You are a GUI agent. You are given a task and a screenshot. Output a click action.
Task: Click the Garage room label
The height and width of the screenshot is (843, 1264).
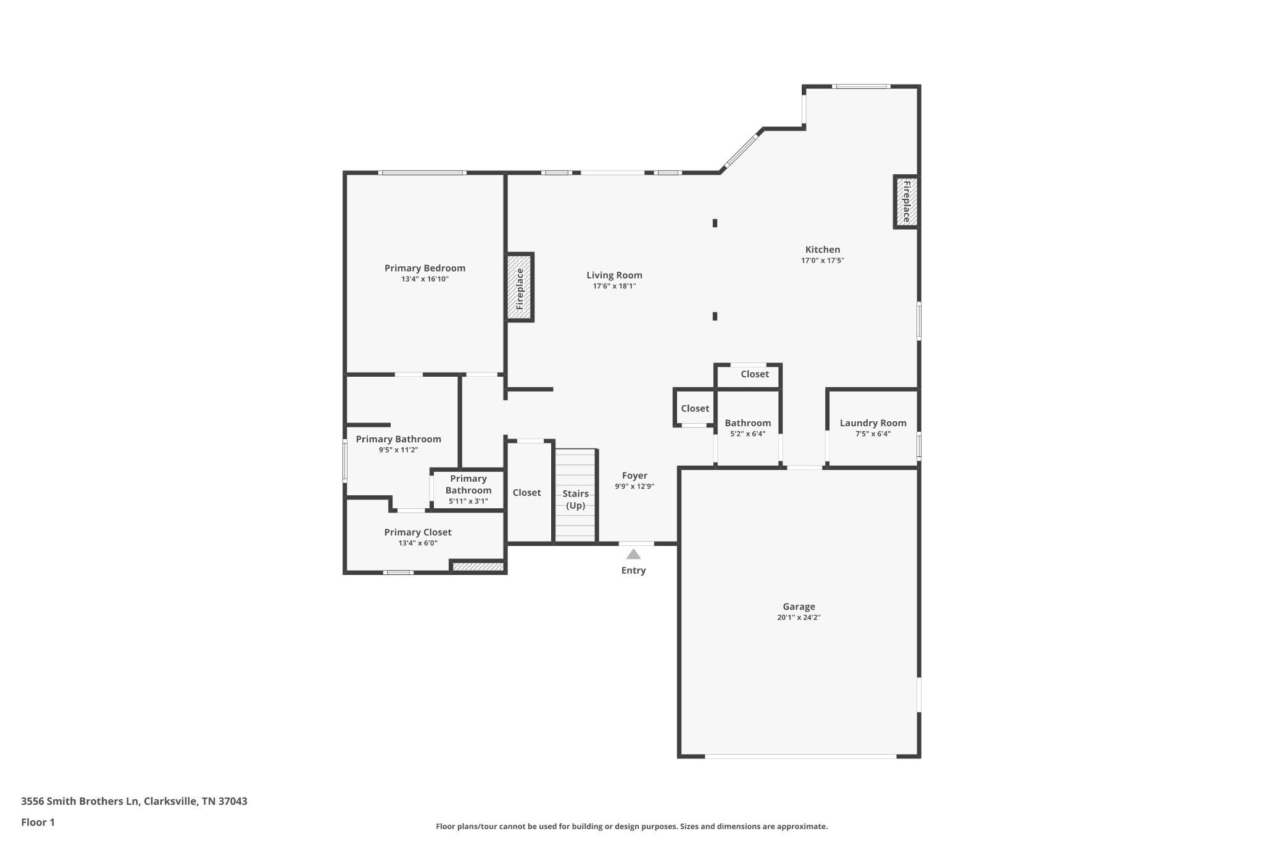799,606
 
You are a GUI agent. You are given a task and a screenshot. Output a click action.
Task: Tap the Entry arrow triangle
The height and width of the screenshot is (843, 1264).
633,555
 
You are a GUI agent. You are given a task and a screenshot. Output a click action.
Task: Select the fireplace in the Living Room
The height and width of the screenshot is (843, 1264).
520,287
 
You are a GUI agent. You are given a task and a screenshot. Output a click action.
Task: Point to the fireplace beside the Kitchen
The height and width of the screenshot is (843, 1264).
906,202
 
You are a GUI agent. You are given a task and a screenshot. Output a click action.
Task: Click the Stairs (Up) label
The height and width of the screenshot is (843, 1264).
575,500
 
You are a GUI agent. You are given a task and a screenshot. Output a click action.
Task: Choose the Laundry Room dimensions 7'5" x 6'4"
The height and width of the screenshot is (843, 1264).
873,434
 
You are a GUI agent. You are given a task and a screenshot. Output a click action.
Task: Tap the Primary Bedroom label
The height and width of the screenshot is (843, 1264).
425,268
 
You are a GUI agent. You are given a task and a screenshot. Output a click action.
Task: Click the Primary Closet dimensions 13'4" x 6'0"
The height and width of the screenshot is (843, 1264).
418,543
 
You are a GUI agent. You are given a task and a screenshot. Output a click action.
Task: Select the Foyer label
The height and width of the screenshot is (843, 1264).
634,476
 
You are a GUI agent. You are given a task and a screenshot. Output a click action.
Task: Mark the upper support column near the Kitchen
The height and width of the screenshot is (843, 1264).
715,223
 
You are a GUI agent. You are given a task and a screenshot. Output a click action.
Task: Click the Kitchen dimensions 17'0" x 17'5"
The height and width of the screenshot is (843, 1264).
822,261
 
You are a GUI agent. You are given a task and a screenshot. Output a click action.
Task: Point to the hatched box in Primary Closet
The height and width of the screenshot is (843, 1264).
478,566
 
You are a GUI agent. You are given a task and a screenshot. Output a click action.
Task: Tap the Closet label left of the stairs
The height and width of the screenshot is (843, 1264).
526,492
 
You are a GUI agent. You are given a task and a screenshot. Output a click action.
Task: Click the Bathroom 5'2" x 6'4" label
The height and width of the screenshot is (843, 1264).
747,423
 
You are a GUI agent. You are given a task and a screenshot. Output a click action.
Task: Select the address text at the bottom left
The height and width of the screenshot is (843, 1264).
134,801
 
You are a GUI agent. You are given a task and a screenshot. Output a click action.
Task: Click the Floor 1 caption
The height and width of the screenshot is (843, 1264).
38,822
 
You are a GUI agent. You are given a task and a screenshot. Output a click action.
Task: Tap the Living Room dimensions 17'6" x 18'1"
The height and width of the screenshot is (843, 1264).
614,286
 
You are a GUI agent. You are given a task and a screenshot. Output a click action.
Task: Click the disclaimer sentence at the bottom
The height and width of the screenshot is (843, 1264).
631,826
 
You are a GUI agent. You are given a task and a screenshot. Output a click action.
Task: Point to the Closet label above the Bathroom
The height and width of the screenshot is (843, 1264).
754,374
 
